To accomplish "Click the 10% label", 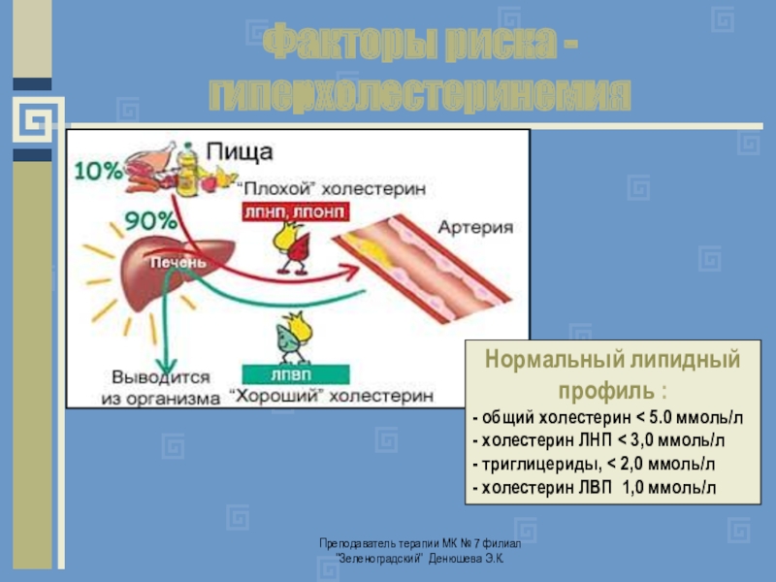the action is point(97,171).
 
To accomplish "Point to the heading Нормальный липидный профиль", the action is point(612,374).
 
